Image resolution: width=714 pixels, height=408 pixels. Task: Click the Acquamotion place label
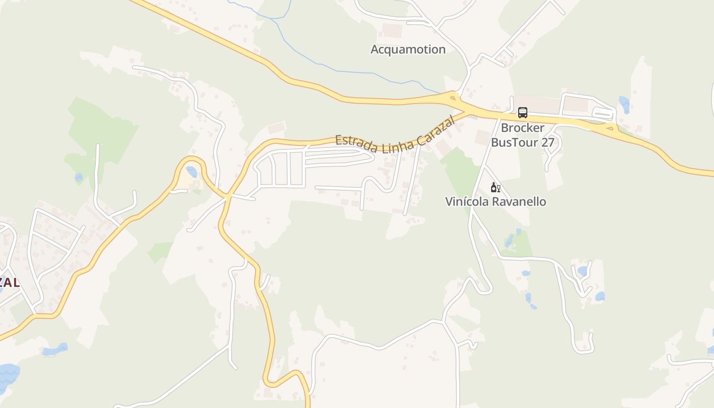pos(408,49)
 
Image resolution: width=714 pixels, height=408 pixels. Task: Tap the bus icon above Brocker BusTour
pos(522,113)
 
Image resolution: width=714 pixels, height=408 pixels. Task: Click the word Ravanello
pos(520,201)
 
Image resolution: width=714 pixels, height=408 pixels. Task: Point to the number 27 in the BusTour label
pos(547,142)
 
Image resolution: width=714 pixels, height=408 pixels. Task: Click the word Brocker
pos(522,127)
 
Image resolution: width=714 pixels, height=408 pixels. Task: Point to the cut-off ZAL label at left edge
pos(9,282)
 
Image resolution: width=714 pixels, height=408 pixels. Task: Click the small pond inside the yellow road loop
pos(191,172)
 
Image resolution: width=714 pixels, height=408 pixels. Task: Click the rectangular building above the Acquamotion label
pos(392,31)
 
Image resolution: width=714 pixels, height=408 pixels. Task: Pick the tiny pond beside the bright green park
pos(79,177)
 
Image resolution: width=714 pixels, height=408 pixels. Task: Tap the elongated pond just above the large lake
pos(55,350)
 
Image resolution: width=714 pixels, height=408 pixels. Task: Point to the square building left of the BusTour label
pos(482,137)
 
